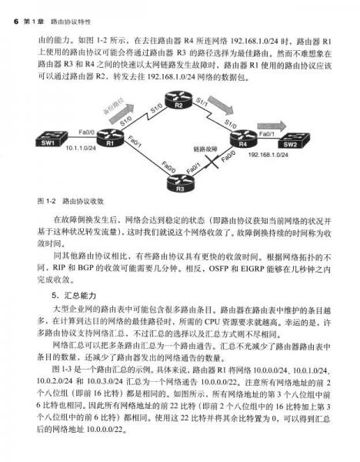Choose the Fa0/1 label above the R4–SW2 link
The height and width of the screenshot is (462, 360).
[x=268, y=133]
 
